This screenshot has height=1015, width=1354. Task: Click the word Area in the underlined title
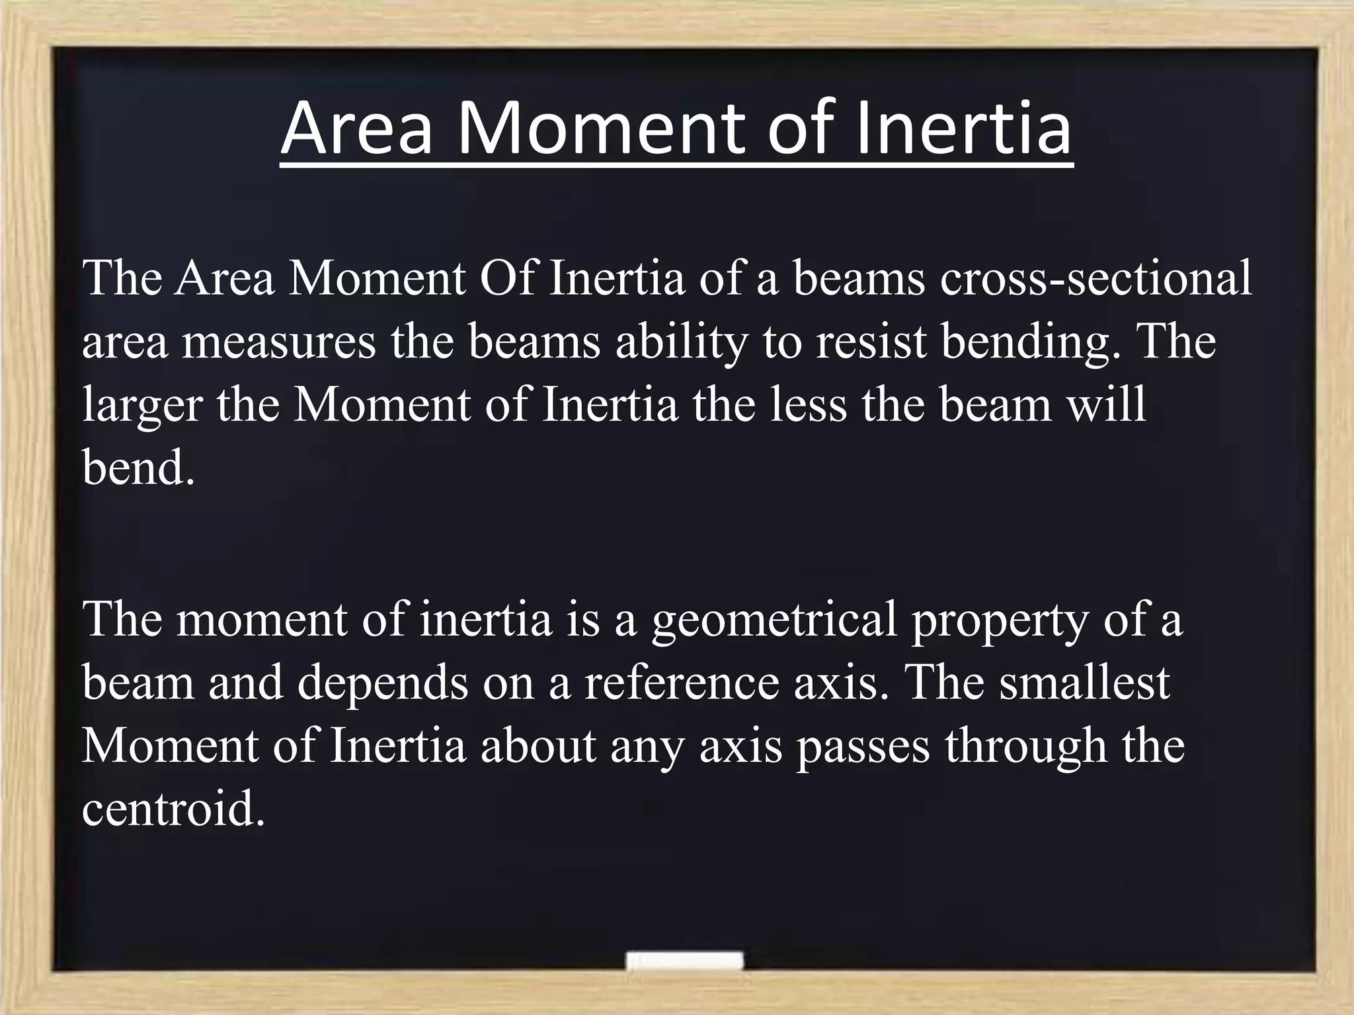357,128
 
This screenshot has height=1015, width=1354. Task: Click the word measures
278,344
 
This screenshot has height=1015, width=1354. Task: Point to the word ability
681,344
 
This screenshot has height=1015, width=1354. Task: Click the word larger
141,407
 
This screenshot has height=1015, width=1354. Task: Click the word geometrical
774,621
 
